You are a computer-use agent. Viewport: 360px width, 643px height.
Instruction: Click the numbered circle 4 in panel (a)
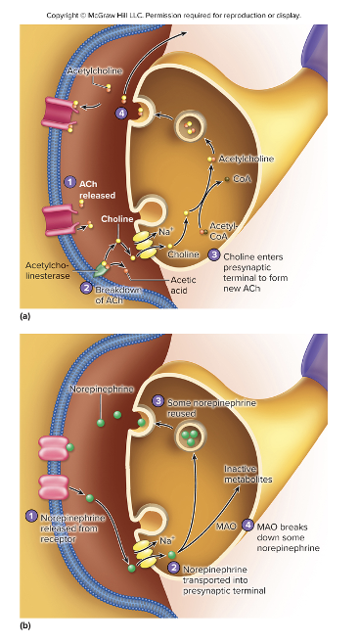coord(121,115)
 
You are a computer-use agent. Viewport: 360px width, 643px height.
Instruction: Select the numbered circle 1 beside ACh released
coord(69,182)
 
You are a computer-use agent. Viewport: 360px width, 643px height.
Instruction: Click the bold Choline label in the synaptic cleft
coord(116,218)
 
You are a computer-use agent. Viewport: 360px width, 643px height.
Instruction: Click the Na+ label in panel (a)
coord(165,230)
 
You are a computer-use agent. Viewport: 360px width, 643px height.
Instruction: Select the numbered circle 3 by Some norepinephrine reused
coord(157,400)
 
